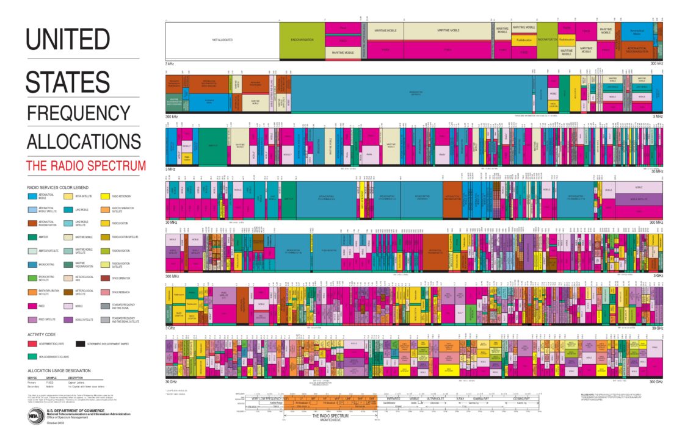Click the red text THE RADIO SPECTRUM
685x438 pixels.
click(86, 165)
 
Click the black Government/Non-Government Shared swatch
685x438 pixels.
click(80, 344)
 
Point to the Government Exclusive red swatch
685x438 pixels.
click(32, 344)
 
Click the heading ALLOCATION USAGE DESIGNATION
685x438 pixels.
click(59, 370)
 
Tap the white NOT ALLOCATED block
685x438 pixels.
click(222, 40)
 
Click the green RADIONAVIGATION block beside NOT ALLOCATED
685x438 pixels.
click(302, 40)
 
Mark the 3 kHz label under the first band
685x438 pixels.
click(170, 63)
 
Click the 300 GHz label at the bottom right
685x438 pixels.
click(656, 382)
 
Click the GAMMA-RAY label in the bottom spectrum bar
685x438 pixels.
click(482, 398)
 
